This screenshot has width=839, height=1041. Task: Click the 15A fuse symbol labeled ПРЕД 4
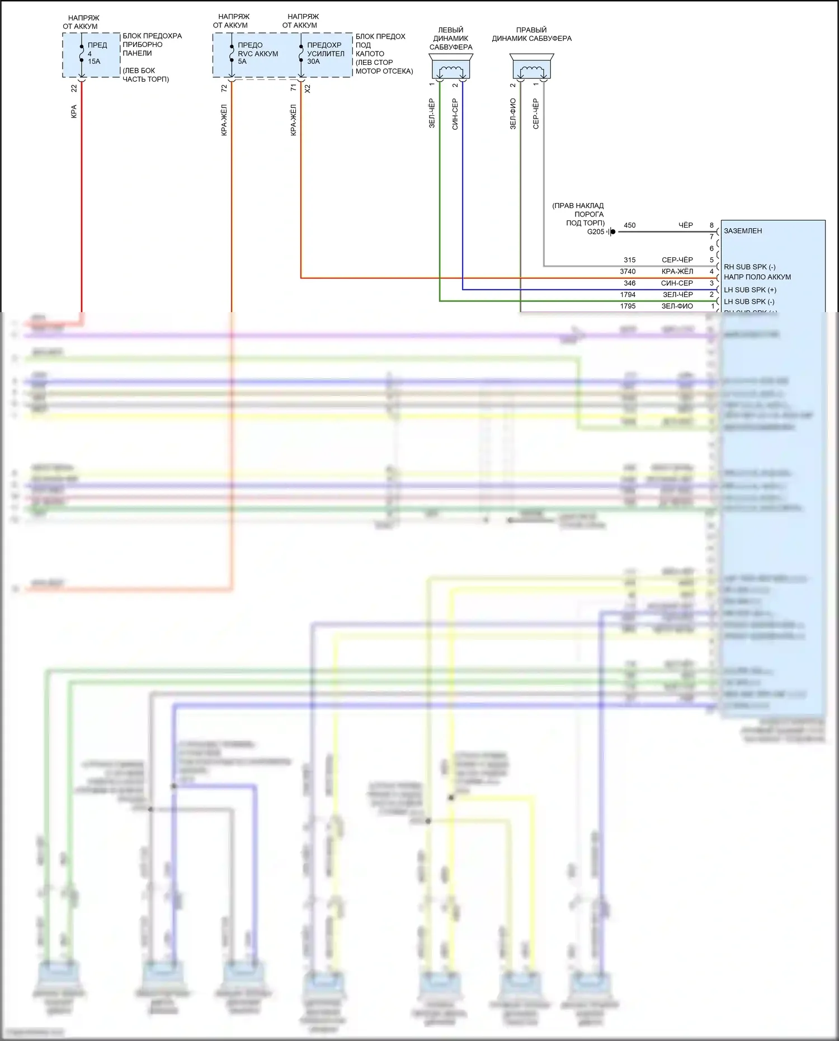point(82,54)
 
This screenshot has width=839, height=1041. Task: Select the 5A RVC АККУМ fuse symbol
point(232,54)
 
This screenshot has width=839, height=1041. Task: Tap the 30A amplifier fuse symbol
point(301,54)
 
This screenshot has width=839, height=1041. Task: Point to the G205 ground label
point(595,232)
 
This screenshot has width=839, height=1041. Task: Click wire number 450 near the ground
point(629,225)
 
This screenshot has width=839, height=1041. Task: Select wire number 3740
point(628,271)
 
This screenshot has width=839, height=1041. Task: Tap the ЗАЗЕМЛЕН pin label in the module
point(743,231)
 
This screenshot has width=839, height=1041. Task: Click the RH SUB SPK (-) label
point(750,267)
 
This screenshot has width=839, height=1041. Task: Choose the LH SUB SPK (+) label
point(750,290)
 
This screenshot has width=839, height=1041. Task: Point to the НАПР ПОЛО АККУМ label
point(757,277)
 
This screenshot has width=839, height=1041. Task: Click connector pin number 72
point(224,88)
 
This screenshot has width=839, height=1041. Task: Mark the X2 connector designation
point(307,88)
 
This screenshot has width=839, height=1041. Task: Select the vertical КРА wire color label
point(74,111)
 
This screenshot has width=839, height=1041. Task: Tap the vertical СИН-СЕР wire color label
point(455,114)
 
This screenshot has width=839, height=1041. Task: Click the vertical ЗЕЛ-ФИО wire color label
point(513,114)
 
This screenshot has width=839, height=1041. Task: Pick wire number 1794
point(628,294)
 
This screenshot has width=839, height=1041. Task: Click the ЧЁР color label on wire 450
point(686,225)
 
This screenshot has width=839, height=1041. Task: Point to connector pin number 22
point(74,88)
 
